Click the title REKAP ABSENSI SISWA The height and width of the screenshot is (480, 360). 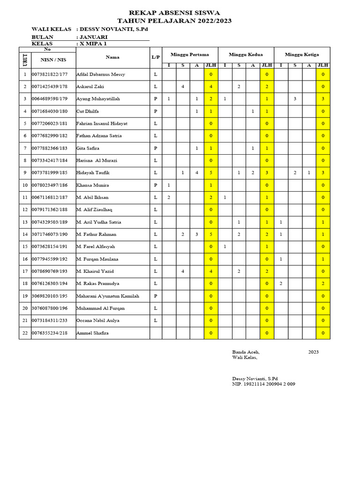[x=174, y=13]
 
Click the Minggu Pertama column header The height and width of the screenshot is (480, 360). [x=190, y=54]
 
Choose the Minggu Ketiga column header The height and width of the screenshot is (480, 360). [x=302, y=54]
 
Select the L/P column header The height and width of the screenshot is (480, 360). [x=156, y=57]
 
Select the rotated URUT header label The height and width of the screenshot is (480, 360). [x=25, y=60]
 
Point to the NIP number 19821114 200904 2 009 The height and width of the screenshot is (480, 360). [x=263, y=384]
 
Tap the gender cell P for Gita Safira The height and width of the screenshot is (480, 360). [x=156, y=148]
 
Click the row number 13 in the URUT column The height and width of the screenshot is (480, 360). [x=25, y=222]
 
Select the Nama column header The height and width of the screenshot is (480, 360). [x=112, y=57]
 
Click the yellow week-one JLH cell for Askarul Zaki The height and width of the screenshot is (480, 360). [x=211, y=87]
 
